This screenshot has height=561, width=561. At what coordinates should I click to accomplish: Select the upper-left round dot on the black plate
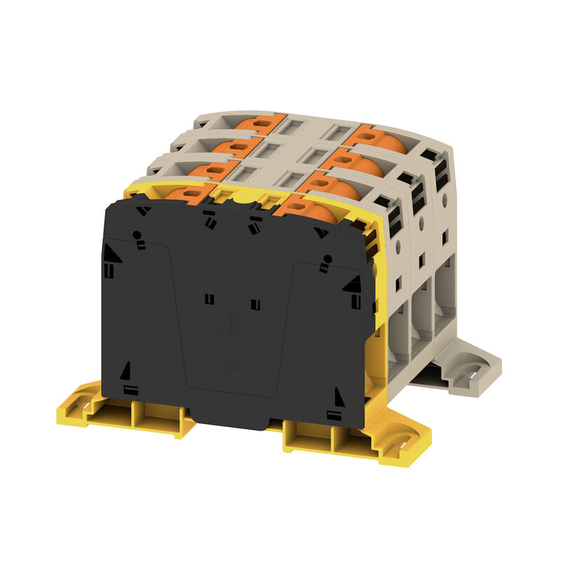(x=138, y=235)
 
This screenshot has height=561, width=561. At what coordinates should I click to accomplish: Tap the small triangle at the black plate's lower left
(x=126, y=370)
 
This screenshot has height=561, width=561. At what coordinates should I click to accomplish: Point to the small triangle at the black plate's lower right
(x=340, y=397)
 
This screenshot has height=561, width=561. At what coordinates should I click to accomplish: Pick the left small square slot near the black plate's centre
(x=209, y=299)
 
